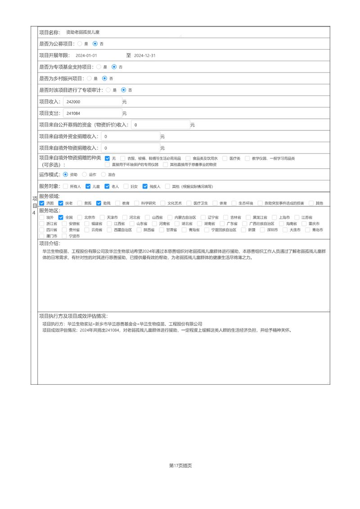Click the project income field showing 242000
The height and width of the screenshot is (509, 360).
click(x=92, y=102)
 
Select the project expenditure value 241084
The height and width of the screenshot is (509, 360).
click(x=92, y=113)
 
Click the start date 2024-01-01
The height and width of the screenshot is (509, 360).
click(x=86, y=55)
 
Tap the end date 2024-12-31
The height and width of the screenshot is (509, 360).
click(x=145, y=55)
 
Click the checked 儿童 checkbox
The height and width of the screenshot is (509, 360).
click(x=89, y=186)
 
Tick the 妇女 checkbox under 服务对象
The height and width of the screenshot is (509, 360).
click(x=126, y=186)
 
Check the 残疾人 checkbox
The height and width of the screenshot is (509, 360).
click(x=145, y=186)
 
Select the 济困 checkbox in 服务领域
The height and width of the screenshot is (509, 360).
click(x=42, y=203)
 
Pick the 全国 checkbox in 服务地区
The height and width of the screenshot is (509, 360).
click(x=61, y=217)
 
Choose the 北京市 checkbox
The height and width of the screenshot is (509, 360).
click(x=80, y=217)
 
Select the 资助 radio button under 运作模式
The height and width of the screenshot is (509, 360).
click(x=66, y=174)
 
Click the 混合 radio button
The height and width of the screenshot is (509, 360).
click(x=103, y=174)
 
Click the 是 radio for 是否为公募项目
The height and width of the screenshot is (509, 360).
click(x=80, y=44)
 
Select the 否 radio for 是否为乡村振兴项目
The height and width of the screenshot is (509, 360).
click(x=104, y=78)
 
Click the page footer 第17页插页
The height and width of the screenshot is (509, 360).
click(x=180, y=466)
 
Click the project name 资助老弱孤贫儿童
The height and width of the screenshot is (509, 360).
click(x=83, y=32)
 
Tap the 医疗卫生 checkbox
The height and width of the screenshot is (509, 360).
click(x=189, y=203)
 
